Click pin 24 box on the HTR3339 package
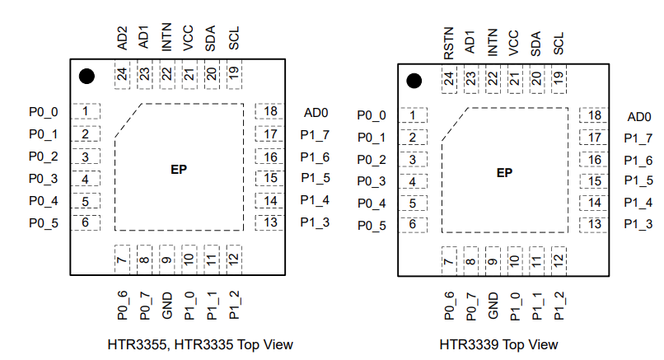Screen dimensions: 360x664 click(x=449, y=80)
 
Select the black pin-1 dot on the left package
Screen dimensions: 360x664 click(x=87, y=77)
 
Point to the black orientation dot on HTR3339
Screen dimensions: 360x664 click(x=414, y=81)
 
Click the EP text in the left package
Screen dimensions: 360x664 click(x=179, y=170)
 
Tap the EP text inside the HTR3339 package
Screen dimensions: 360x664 click(x=504, y=173)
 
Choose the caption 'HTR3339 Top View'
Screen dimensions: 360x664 click(x=498, y=344)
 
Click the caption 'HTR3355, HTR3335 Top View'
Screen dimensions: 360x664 click(x=200, y=344)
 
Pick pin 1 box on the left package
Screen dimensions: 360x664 click(x=85, y=111)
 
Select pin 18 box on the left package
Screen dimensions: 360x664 click(x=269, y=111)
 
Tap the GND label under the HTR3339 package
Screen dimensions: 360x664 click(x=493, y=306)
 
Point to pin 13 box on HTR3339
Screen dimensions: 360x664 click(x=594, y=223)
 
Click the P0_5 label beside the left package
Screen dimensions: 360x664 click(x=43, y=222)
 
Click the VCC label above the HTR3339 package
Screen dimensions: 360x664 click(x=515, y=42)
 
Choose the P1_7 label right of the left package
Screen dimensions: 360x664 click(x=315, y=134)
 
